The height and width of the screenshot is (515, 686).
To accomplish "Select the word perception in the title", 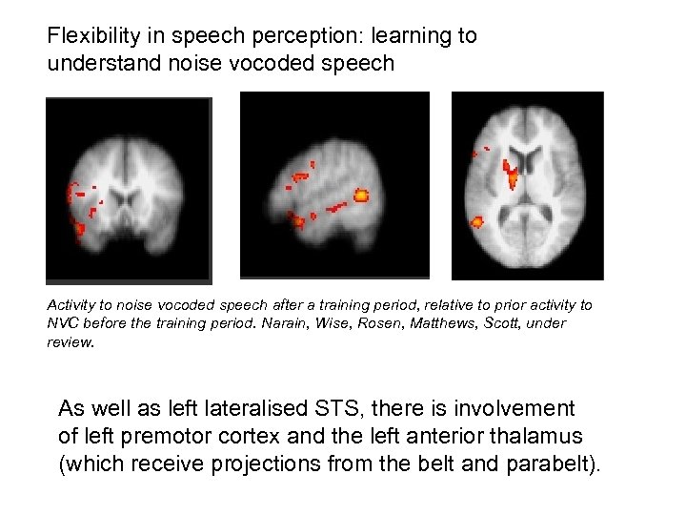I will (x=290, y=37).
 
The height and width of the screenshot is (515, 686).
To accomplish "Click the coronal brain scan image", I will (x=129, y=190).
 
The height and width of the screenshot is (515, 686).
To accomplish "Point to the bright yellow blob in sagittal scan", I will (x=361, y=196).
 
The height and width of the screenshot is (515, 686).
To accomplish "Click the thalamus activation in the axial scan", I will (x=512, y=175).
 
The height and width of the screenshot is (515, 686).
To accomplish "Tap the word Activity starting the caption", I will (x=71, y=305).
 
